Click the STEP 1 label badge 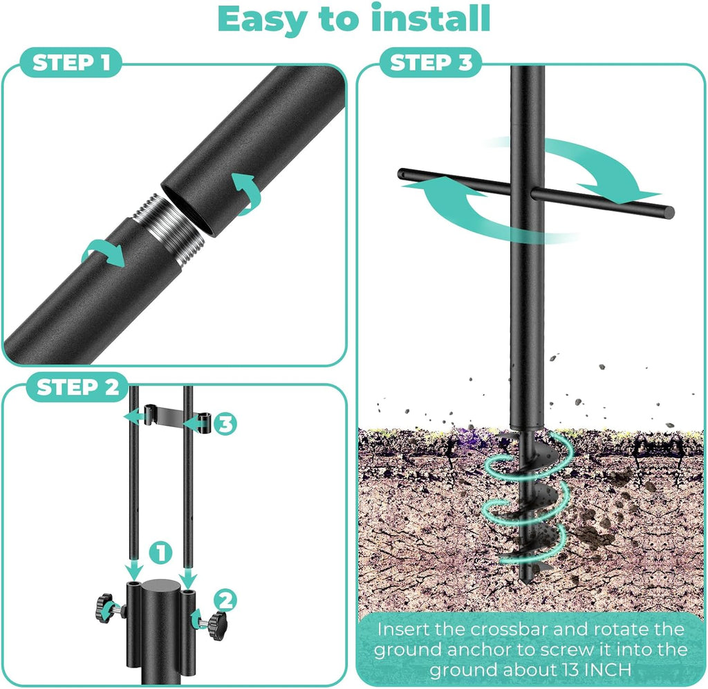(x=72, y=64)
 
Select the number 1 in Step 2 (x=160, y=552)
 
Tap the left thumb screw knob (x=105, y=607)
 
